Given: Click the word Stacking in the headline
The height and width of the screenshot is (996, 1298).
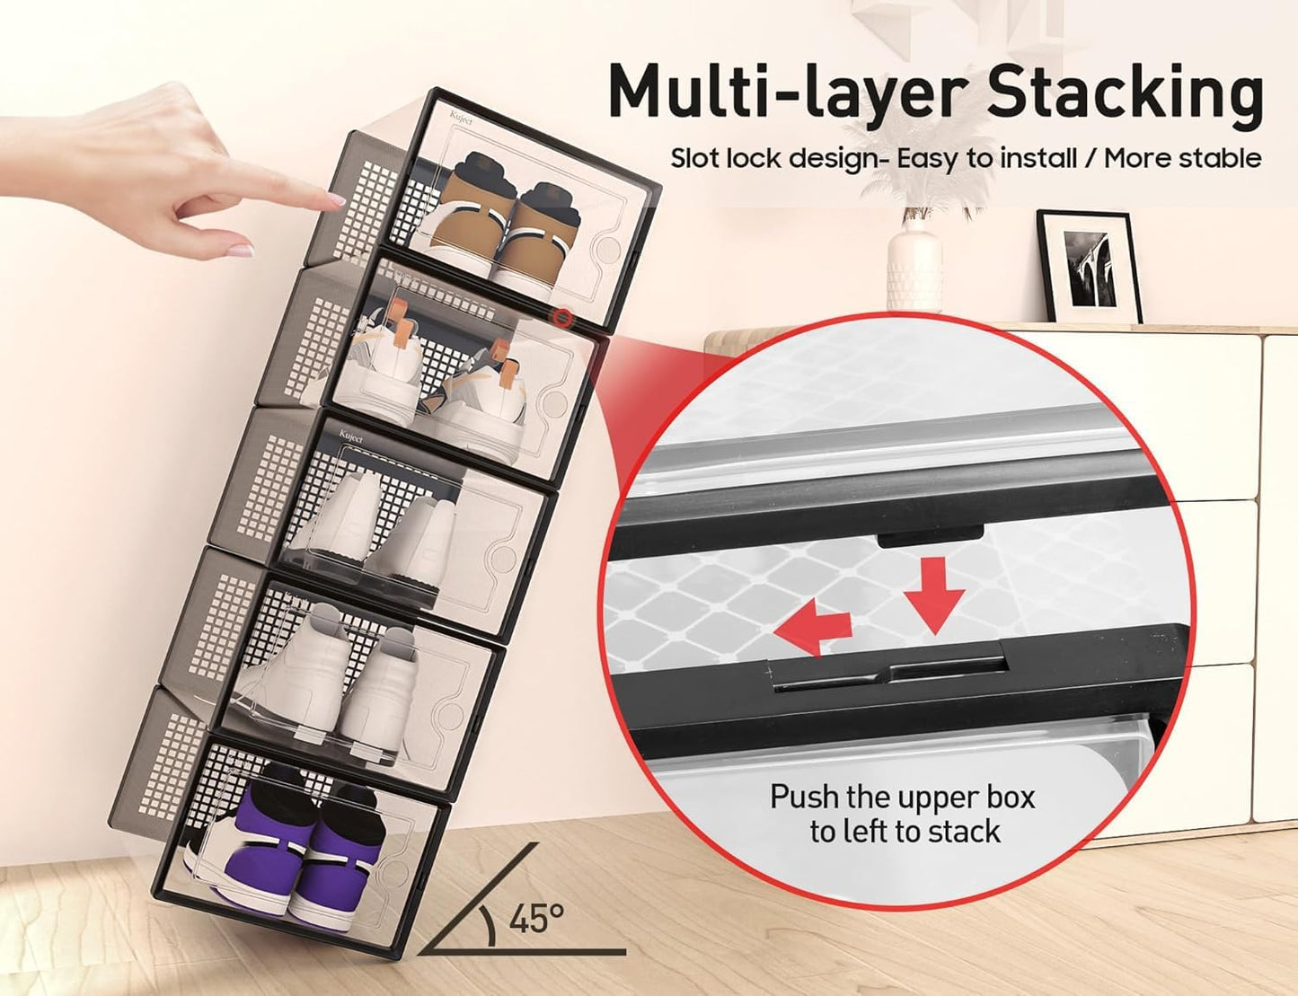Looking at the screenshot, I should pos(1126,93).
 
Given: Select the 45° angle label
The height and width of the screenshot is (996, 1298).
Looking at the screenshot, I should pos(537,919).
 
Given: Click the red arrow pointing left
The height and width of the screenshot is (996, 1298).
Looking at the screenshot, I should pos(812,627).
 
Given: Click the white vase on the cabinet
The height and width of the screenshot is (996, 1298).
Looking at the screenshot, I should pos(914,269).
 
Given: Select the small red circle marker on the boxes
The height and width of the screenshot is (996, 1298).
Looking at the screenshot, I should pos(562,317).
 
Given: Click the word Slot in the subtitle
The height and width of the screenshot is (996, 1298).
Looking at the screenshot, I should pos(695,158).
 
